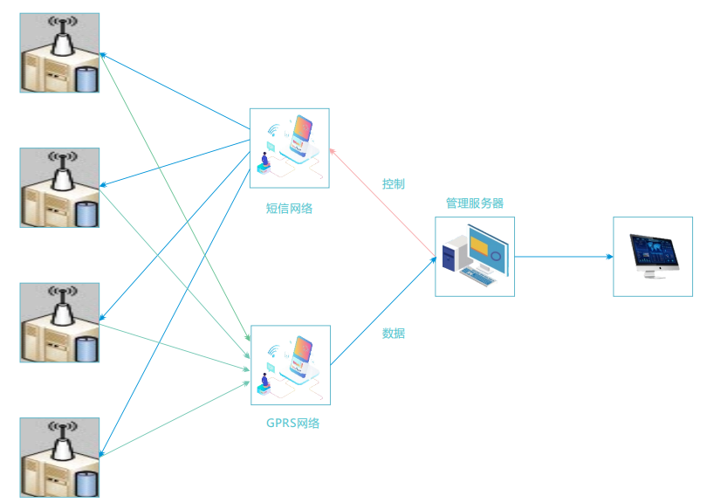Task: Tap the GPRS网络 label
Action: pos(292,424)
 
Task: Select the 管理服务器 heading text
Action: pos(474,203)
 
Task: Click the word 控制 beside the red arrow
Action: pos(393,184)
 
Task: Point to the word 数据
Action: pos(393,333)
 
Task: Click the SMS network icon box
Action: pos(289,148)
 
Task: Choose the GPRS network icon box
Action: pos(290,365)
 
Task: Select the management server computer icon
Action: pos(474,257)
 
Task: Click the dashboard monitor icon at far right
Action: pos(652,256)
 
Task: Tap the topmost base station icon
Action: pos(59,52)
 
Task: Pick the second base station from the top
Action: pos(59,188)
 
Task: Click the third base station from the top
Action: pos(59,322)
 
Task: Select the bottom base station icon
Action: pos(59,457)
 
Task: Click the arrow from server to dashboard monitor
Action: pos(563,257)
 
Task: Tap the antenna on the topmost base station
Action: pos(62,33)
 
